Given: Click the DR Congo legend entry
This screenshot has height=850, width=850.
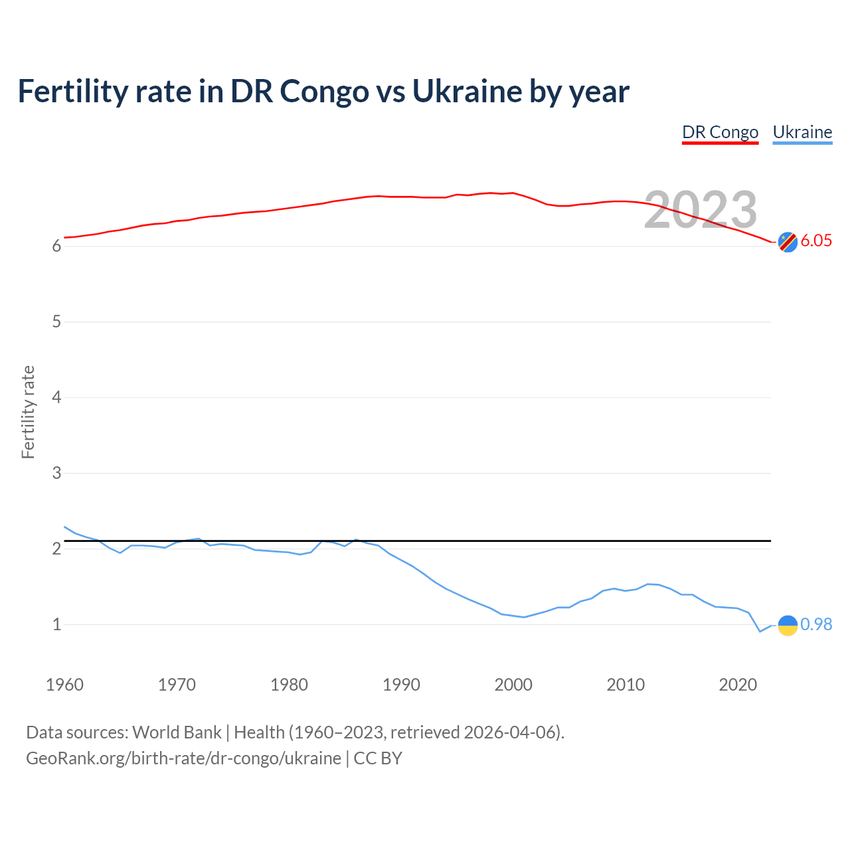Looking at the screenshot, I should click(x=720, y=132).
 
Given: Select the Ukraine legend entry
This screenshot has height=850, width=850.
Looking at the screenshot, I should click(x=802, y=132).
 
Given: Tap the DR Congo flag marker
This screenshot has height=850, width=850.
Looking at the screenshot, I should click(x=788, y=242).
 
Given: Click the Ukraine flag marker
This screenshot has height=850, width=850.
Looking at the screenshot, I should click(x=788, y=625).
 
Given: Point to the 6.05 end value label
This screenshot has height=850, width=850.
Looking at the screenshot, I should click(x=816, y=240).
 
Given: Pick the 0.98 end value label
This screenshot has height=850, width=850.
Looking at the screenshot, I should click(x=816, y=624).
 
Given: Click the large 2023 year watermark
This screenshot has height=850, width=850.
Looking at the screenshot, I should click(x=701, y=209).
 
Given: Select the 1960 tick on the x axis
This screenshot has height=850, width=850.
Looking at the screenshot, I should click(x=64, y=685).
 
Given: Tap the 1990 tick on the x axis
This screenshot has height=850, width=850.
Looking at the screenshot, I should click(x=401, y=685).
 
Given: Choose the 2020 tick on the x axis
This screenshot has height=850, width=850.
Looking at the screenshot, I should click(x=738, y=685).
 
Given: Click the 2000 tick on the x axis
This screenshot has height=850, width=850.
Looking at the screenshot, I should click(x=513, y=685).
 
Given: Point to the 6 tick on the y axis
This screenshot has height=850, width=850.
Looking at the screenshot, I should click(x=56, y=246).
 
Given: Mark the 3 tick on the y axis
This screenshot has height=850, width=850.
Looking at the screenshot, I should click(x=56, y=473).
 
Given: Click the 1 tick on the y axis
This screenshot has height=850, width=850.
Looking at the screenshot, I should click(x=56, y=625).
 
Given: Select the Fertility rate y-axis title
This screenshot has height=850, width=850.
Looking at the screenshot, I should click(x=28, y=412).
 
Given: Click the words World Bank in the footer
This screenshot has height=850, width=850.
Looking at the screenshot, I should click(x=177, y=732).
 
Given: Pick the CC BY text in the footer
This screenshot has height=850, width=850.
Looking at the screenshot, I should click(x=378, y=758).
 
